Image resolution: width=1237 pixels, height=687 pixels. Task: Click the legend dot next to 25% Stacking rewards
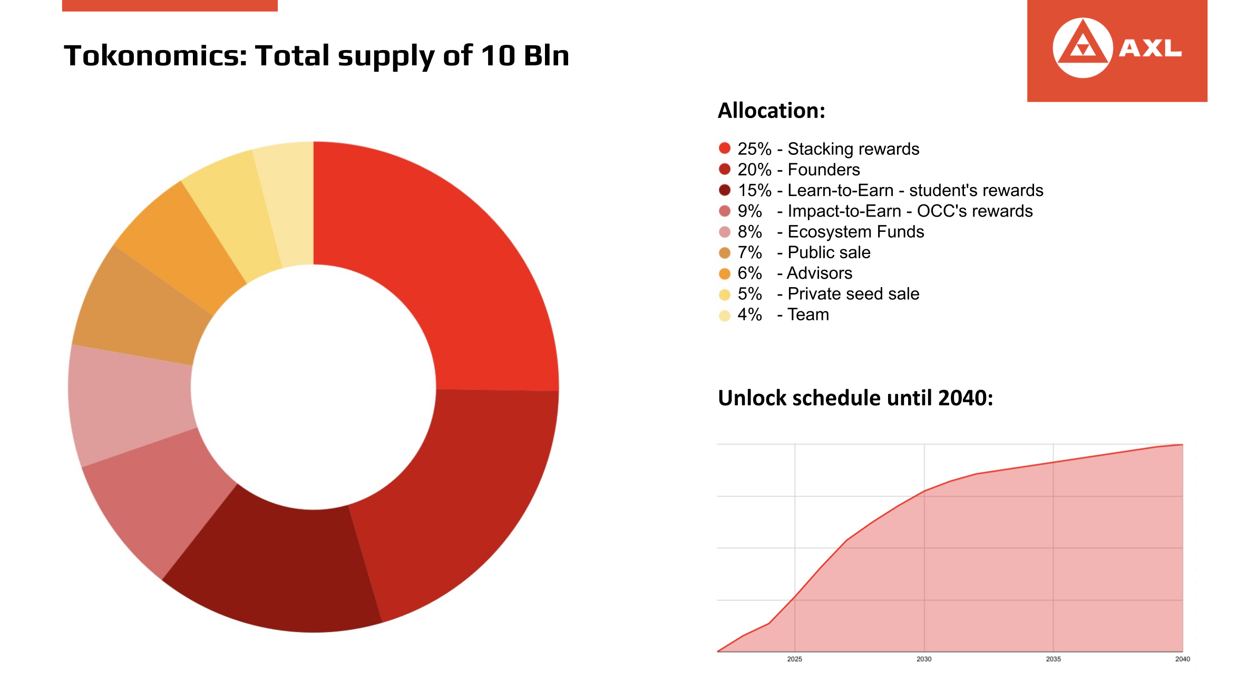pyautogui.click(x=725, y=149)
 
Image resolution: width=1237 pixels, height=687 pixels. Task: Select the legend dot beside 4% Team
pyautogui.click(x=725, y=315)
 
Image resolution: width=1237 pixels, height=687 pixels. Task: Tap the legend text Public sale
pyautogui.click(x=829, y=252)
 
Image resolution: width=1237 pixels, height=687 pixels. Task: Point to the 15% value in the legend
pyautogui.click(x=754, y=190)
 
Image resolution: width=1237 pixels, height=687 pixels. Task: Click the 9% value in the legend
pyautogui.click(x=749, y=211)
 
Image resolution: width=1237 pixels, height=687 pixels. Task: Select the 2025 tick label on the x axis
pyautogui.click(x=794, y=659)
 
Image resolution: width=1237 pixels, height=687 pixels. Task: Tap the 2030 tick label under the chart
pyautogui.click(x=924, y=659)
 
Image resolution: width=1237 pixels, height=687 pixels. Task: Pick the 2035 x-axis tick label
pyautogui.click(x=1053, y=659)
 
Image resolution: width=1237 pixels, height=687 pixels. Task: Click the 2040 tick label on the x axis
pyautogui.click(x=1182, y=659)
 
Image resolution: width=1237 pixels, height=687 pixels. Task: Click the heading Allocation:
pyautogui.click(x=771, y=111)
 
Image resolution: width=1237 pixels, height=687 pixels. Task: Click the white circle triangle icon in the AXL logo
pyautogui.click(x=1083, y=48)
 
